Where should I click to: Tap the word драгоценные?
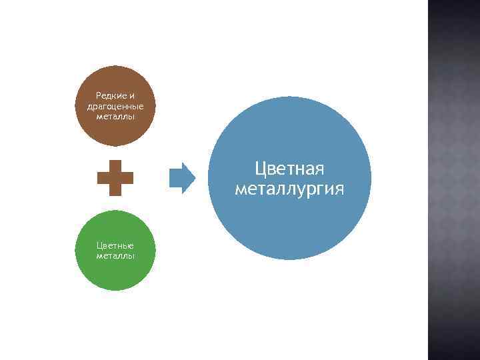coord(115,106)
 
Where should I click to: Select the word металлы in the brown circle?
coord(115,116)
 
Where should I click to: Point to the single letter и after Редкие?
coord(131,95)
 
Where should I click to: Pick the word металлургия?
coord(289,189)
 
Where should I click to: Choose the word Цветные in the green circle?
coord(115,245)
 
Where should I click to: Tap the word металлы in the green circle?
coord(115,255)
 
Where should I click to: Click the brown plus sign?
coord(115,177)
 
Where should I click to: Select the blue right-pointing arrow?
coord(181,177)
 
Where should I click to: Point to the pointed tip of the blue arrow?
coord(194,177)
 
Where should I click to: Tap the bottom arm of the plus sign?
coord(115,190)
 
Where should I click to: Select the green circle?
coord(115,273)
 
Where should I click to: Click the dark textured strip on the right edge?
coord(453,180)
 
